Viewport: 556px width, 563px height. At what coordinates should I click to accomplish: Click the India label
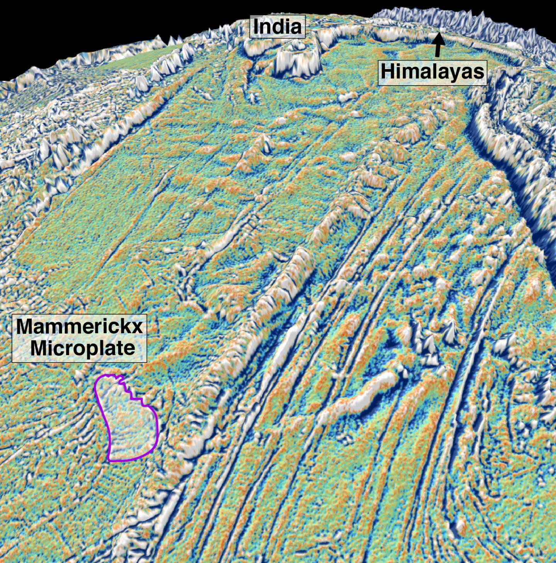(277, 27)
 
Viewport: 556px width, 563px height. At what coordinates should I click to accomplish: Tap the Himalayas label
(432, 72)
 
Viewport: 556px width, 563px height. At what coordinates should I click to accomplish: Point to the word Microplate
(83, 348)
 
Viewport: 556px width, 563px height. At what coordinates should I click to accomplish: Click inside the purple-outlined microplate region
(129, 424)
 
